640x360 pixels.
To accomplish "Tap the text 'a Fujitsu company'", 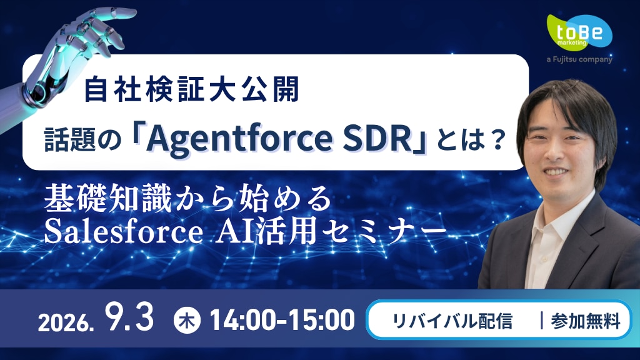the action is click(579, 59).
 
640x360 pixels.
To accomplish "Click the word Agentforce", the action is click(239, 139).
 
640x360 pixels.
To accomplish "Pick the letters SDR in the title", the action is click(377, 139).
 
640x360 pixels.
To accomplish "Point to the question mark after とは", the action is click(496, 139).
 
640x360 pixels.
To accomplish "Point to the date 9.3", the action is click(129, 317).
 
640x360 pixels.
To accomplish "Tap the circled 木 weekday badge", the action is click(187, 321).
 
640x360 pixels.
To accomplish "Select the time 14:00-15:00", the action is click(282, 320).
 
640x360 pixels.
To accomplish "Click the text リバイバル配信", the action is click(452, 321).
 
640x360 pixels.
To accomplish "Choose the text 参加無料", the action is click(585, 321).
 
